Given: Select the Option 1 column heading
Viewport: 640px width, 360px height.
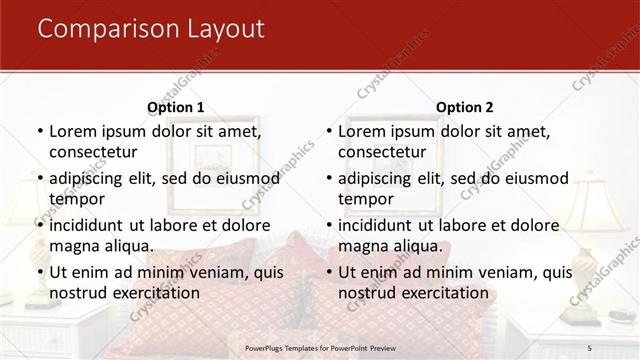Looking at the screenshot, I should click(175, 107).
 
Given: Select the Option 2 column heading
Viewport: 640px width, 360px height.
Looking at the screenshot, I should click(464, 107).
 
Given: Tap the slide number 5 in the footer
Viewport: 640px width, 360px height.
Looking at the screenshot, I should click(589, 347).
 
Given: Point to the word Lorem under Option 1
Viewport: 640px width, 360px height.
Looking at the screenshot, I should click(73, 131).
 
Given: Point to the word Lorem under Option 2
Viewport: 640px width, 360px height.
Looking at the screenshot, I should click(362, 131).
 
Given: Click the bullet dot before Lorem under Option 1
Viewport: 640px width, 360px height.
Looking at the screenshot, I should click(39, 132).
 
